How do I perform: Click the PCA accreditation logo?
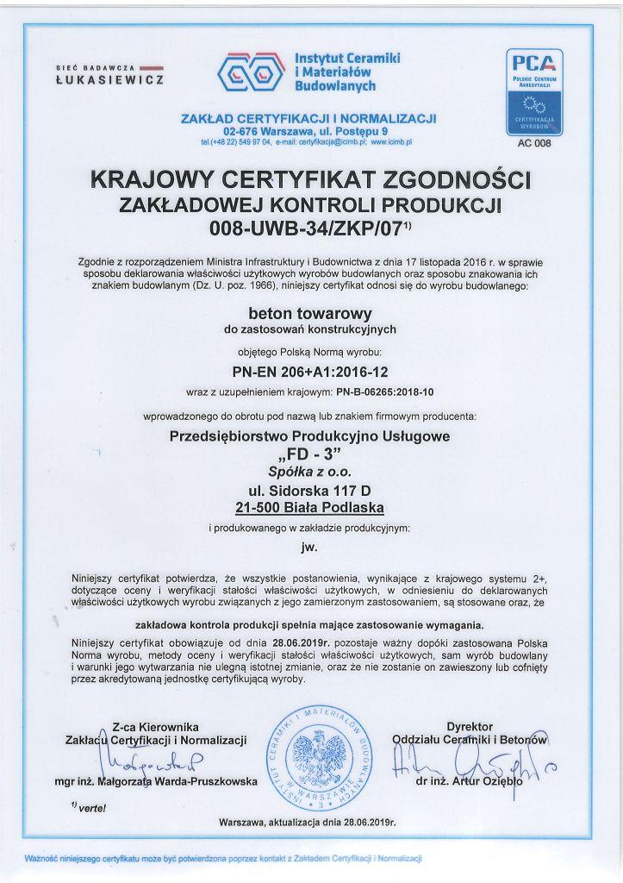[536, 93]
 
